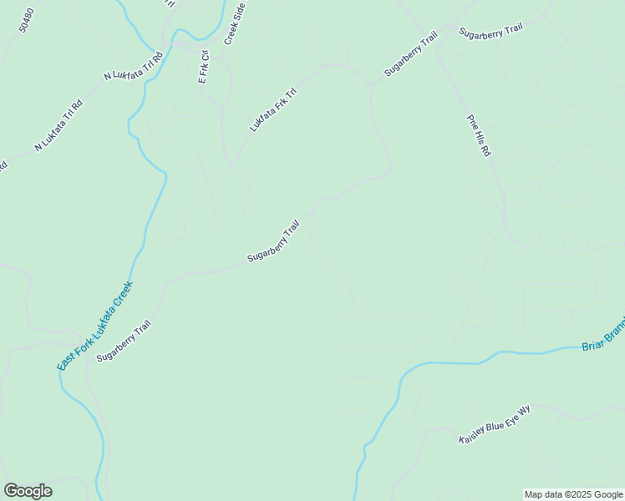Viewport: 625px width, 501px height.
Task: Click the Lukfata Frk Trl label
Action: (x=273, y=110)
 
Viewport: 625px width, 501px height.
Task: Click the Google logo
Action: (x=28, y=490)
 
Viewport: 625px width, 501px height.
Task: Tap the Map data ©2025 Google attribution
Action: (x=573, y=494)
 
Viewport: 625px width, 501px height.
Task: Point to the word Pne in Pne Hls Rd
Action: (x=471, y=119)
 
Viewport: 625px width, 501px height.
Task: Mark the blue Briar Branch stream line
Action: (x=451, y=363)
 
